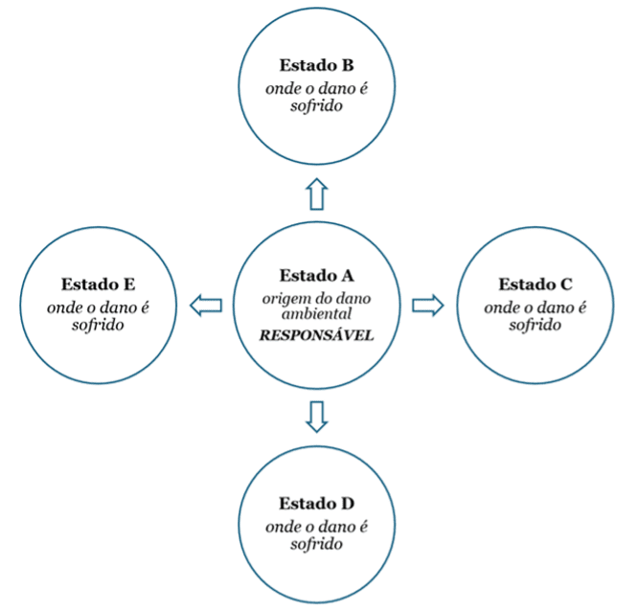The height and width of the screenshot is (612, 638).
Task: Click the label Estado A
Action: coord(317,275)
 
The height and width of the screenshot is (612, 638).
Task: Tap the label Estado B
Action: coord(317,66)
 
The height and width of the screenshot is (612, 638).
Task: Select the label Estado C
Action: coord(535,284)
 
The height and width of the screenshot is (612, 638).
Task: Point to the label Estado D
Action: coord(317,504)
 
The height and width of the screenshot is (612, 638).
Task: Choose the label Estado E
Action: coord(98,284)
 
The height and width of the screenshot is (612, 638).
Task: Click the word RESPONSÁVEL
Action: coord(318,336)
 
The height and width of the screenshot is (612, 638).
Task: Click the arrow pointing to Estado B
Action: coord(317,194)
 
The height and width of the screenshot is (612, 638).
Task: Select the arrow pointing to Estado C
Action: coord(427,305)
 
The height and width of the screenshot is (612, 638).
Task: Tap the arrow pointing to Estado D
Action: coord(317,416)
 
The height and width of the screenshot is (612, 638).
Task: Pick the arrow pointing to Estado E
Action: coord(206,306)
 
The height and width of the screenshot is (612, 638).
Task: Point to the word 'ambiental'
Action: coord(317,314)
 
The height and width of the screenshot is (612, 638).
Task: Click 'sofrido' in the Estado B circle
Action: coord(317,106)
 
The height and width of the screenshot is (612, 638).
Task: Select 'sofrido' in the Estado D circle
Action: coord(317,544)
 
